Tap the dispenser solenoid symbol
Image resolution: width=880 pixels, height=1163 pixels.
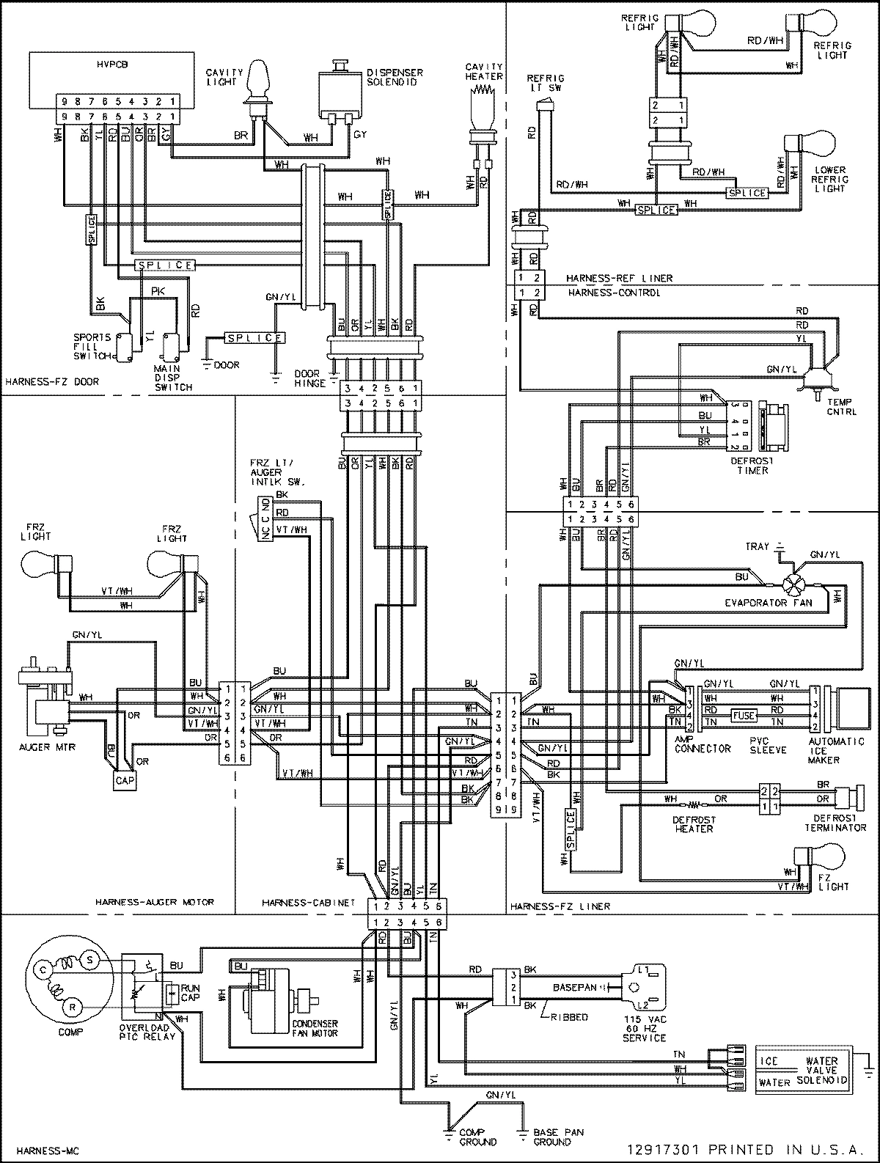pyautogui.click(x=340, y=92)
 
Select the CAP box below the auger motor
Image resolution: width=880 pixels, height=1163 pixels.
pyautogui.click(x=123, y=780)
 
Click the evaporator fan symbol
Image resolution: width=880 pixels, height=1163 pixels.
pyautogui.click(x=791, y=584)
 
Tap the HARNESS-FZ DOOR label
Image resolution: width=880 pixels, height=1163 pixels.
pyautogui.click(x=51, y=381)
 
